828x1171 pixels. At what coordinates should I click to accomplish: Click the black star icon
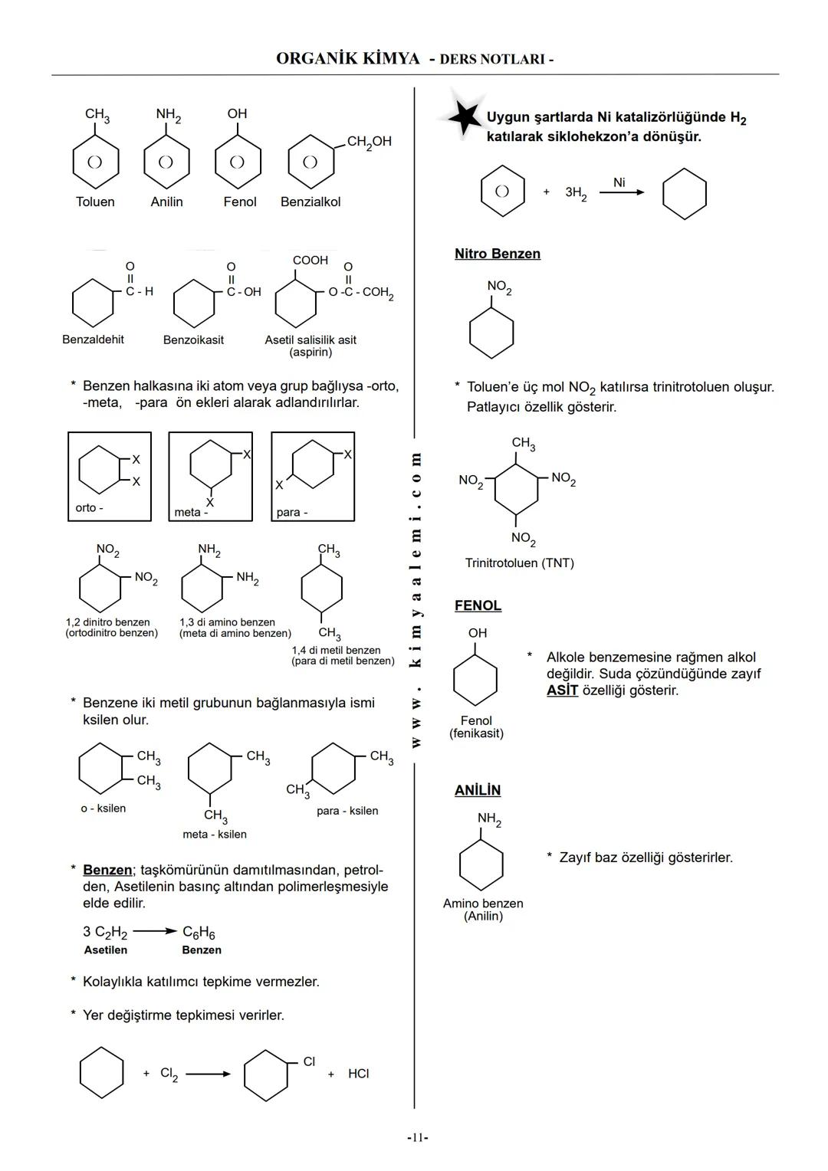coord(462,116)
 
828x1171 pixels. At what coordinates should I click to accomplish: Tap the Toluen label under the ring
coord(95,202)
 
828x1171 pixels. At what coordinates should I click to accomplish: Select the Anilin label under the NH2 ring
coord(166,202)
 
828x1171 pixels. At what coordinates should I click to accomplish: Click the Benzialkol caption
coord(310,202)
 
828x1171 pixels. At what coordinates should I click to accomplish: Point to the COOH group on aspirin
coord(310,261)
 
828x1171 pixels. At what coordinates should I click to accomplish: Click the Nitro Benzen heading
coord(497,254)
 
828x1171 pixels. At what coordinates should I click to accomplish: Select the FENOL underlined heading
coord(478,605)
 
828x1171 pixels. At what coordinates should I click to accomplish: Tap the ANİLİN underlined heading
coord(477,790)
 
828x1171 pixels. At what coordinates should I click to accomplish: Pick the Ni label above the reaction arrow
coord(619,182)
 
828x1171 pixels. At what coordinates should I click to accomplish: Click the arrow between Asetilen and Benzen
coord(155,932)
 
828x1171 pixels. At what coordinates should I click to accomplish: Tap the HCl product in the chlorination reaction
coord(358,1074)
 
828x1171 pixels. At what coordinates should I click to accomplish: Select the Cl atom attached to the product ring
coord(309,1061)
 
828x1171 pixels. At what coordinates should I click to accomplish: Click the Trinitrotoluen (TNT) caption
coord(519,563)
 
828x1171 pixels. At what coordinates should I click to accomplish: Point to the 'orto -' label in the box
coord(89,508)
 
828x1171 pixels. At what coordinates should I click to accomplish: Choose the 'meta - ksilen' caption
coord(215,834)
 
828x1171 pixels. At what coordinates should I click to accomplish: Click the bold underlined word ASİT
coord(562,690)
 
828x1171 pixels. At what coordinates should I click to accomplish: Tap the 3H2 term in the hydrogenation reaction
coord(576,193)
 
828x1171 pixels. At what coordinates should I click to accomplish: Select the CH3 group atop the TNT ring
coord(523,444)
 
